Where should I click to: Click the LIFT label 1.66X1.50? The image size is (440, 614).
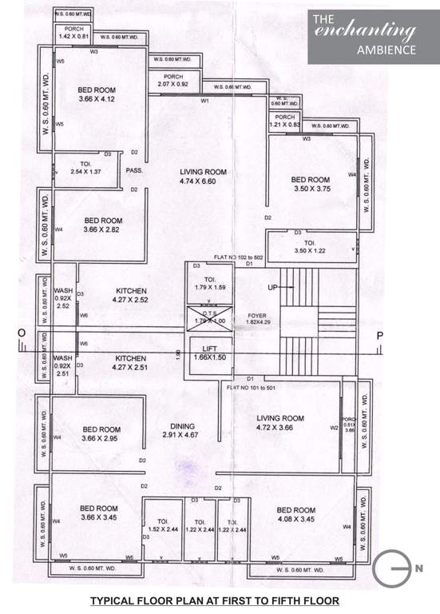click(x=208, y=354)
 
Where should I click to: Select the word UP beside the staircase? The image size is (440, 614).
click(x=274, y=286)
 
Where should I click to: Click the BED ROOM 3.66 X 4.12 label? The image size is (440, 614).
click(x=97, y=94)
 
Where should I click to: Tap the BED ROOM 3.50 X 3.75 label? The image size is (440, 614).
click(x=310, y=185)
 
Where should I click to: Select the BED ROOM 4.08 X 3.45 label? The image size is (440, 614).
click(x=296, y=514)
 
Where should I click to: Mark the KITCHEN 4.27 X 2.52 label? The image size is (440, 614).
click(x=132, y=295)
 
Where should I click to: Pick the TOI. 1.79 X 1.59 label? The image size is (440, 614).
click(x=210, y=282)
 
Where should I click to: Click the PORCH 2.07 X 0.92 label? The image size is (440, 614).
click(x=172, y=80)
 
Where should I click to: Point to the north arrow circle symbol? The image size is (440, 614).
click(x=391, y=568)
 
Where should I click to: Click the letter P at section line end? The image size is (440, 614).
click(x=380, y=336)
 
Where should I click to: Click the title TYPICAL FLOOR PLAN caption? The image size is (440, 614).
click(x=213, y=600)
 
